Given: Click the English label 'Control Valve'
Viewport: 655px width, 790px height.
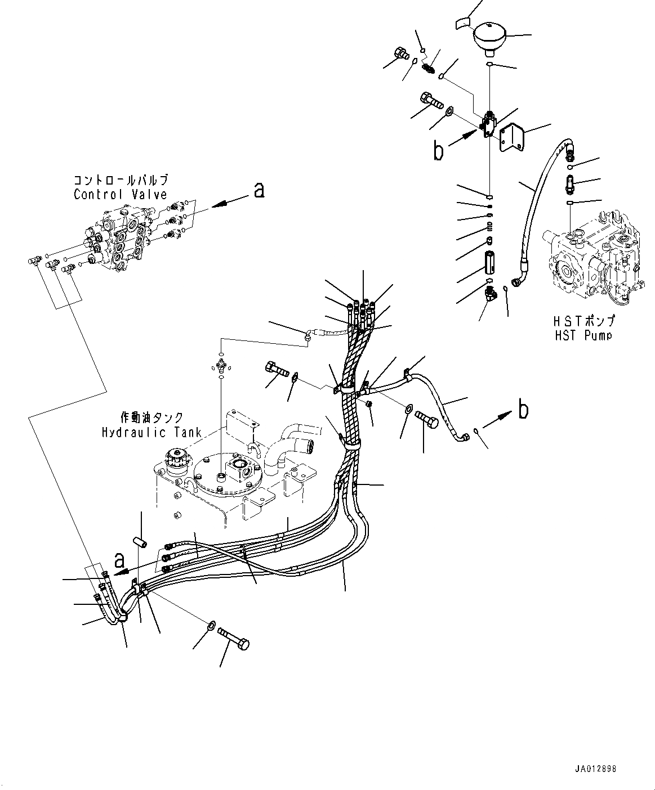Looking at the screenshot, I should [x=121, y=195].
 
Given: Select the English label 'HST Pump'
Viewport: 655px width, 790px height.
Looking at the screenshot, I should [x=584, y=335].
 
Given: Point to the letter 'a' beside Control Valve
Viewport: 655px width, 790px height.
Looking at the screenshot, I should [x=259, y=191].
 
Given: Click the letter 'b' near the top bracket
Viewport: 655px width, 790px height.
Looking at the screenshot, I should [x=438, y=151].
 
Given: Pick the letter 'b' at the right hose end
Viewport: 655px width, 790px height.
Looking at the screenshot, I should [x=523, y=410].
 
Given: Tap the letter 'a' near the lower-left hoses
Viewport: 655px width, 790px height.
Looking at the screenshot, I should [x=119, y=560].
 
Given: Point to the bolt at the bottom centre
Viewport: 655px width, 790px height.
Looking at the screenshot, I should [x=234, y=638].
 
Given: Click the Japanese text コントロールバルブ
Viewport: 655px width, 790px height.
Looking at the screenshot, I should [x=121, y=181].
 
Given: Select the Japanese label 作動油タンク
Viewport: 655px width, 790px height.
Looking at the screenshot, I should [x=152, y=418].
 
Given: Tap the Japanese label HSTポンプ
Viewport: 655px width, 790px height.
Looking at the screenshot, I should [x=584, y=322].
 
